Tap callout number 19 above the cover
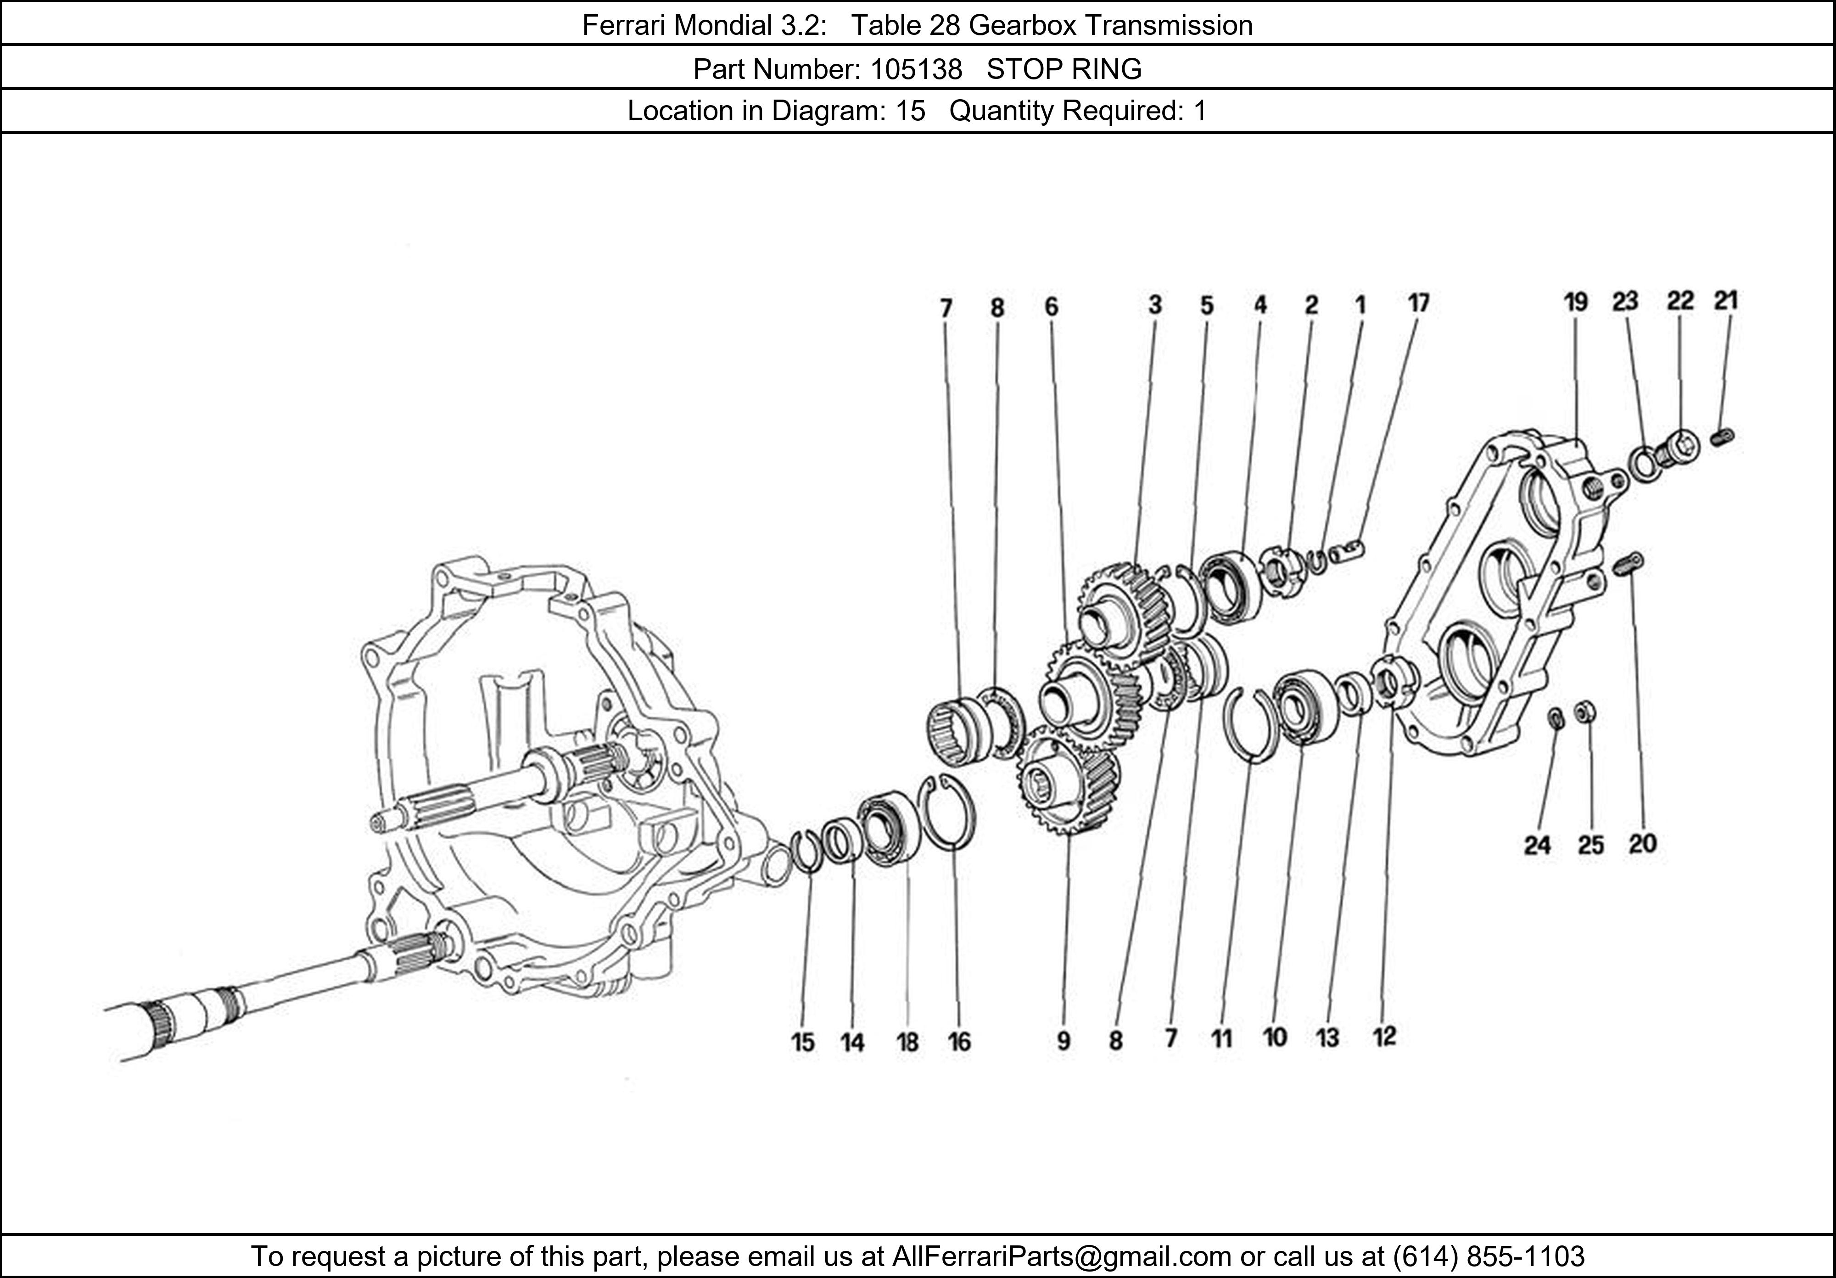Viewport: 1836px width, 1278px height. point(1575,303)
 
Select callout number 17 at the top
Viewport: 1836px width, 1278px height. point(1418,304)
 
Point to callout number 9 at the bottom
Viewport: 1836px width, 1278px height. point(1063,1041)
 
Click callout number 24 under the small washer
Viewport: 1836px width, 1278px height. point(1537,845)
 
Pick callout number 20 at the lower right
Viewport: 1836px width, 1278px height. point(1642,843)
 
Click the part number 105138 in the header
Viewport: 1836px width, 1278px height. point(916,70)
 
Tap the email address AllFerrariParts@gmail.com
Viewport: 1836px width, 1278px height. point(1061,1256)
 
